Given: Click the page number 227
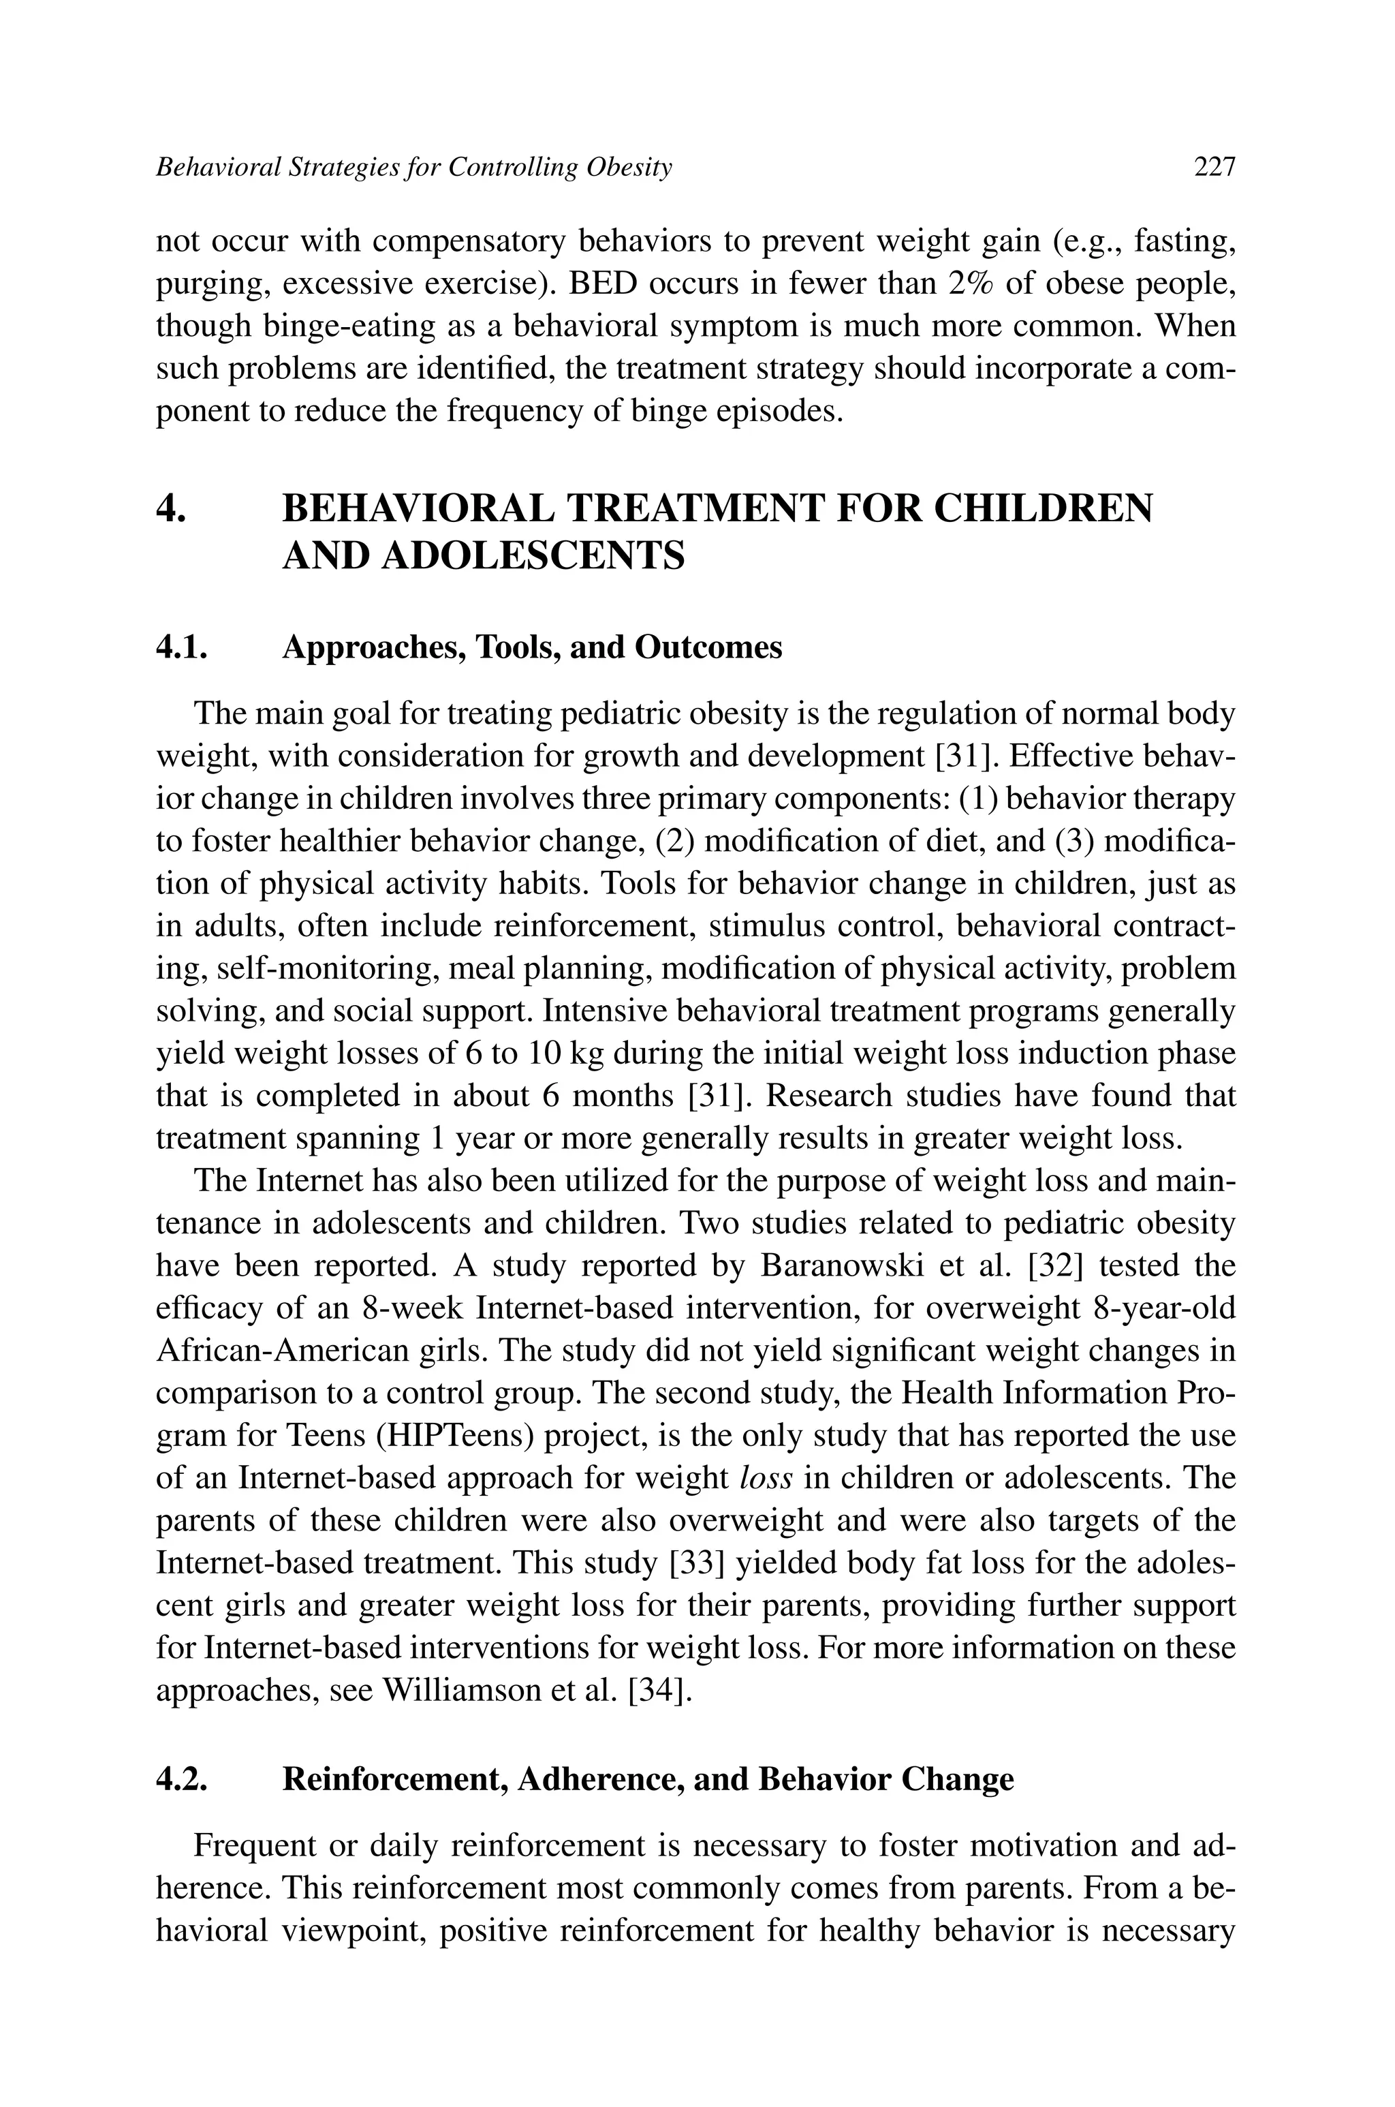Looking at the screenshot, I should pos(1214,167).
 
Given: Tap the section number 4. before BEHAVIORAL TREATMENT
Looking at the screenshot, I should pos(171,509).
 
